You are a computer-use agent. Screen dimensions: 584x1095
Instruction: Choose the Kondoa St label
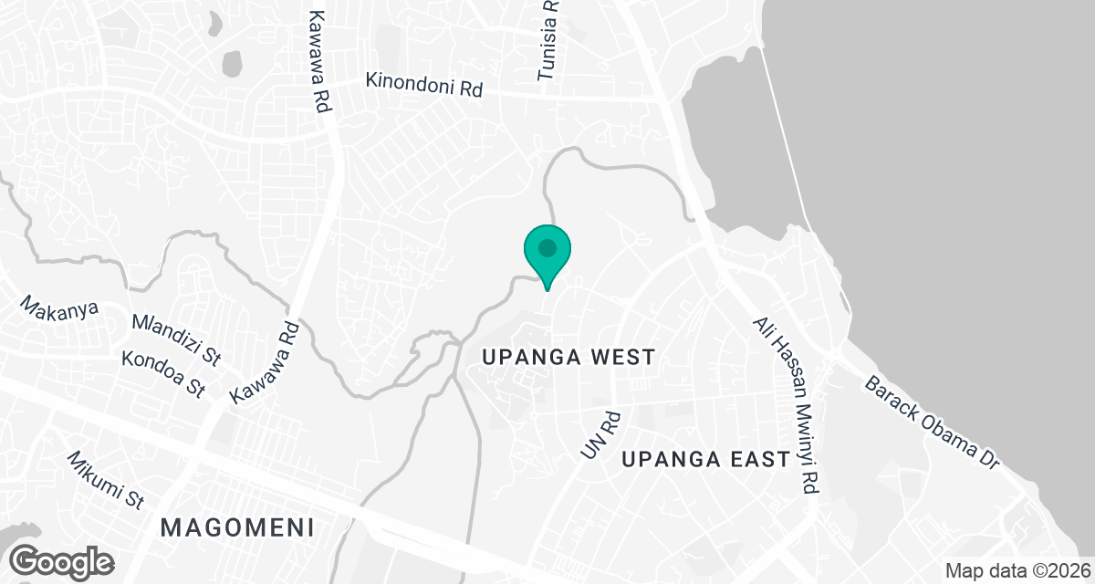tap(162, 373)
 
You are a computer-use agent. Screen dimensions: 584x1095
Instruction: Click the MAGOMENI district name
tap(237, 527)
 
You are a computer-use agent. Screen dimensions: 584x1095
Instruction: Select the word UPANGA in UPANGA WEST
tap(521, 357)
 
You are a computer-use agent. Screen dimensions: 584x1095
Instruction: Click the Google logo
tap(61, 560)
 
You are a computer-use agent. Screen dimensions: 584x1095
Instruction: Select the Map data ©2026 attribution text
tap(1017, 570)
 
